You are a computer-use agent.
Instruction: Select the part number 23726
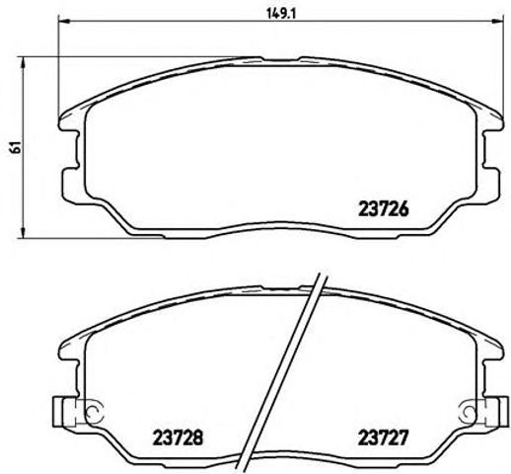380,209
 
